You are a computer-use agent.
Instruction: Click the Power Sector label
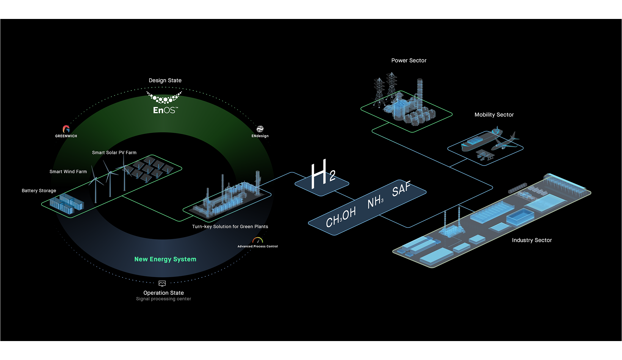tap(409, 61)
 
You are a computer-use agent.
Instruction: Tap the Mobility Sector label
tap(494, 115)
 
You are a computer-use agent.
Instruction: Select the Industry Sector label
tap(532, 240)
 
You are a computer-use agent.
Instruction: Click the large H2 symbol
tap(323, 174)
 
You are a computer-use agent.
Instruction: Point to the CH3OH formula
tap(341, 218)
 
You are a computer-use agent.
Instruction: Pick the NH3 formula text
tap(375, 201)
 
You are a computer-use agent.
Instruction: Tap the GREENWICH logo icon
tap(66, 129)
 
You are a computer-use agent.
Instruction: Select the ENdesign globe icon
tap(260, 129)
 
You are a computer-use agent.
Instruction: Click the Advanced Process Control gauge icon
tap(258, 240)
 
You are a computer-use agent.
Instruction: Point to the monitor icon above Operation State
tap(162, 283)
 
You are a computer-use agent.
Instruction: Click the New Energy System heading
tap(165, 259)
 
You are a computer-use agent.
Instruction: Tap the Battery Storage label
tap(39, 191)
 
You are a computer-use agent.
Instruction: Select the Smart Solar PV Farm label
tap(114, 153)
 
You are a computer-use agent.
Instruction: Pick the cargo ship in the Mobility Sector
tap(481, 140)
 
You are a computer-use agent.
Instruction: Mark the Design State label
tap(165, 80)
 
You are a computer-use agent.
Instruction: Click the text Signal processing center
tap(163, 299)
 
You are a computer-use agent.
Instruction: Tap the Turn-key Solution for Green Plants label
tap(230, 227)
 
